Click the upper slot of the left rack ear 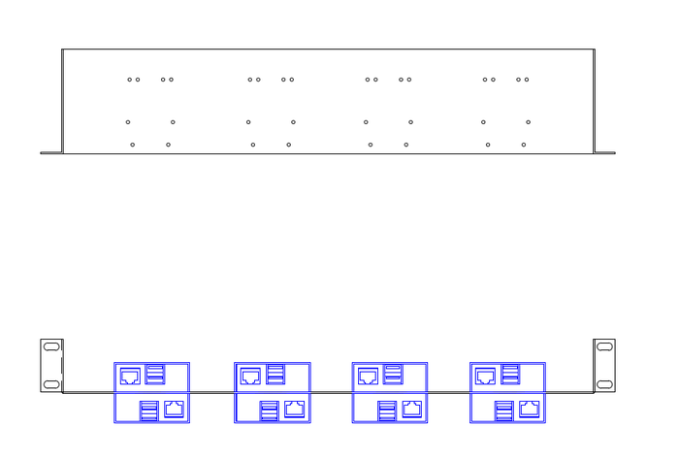[51, 345]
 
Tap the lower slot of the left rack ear [51, 383]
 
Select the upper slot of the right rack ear [604, 345]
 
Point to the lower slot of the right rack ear [604, 383]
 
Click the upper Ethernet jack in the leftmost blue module [129, 376]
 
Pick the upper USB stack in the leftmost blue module [155, 374]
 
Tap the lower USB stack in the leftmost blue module [149, 410]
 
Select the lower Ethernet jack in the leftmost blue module [175, 409]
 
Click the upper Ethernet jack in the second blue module [250, 376]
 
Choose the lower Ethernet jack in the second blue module [295, 409]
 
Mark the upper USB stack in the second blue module [275, 374]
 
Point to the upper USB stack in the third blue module [393, 374]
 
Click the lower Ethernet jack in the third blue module [412, 409]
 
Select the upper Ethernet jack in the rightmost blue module [486, 376]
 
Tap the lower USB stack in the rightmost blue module [504, 410]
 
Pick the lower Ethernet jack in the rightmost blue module [530, 409]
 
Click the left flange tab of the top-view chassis [50, 152]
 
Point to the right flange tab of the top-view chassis [604, 152]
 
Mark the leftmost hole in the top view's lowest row [133, 145]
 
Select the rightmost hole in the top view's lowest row [524, 145]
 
